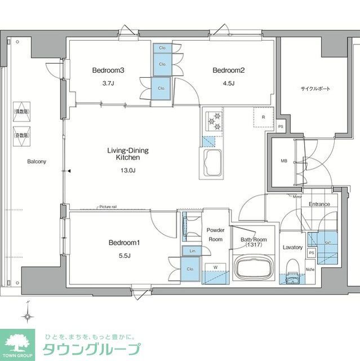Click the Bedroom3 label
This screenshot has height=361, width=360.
click(x=108, y=71)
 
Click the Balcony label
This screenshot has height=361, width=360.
click(x=37, y=161)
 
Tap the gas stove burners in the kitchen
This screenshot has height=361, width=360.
click(x=214, y=119)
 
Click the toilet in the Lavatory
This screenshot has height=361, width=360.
click(x=291, y=270)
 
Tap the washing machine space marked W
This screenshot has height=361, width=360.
click(x=215, y=267)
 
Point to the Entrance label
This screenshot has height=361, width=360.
click(x=319, y=204)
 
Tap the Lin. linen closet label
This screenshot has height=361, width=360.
click(x=192, y=250)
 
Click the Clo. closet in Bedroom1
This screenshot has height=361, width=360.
click(x=190, y=269)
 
